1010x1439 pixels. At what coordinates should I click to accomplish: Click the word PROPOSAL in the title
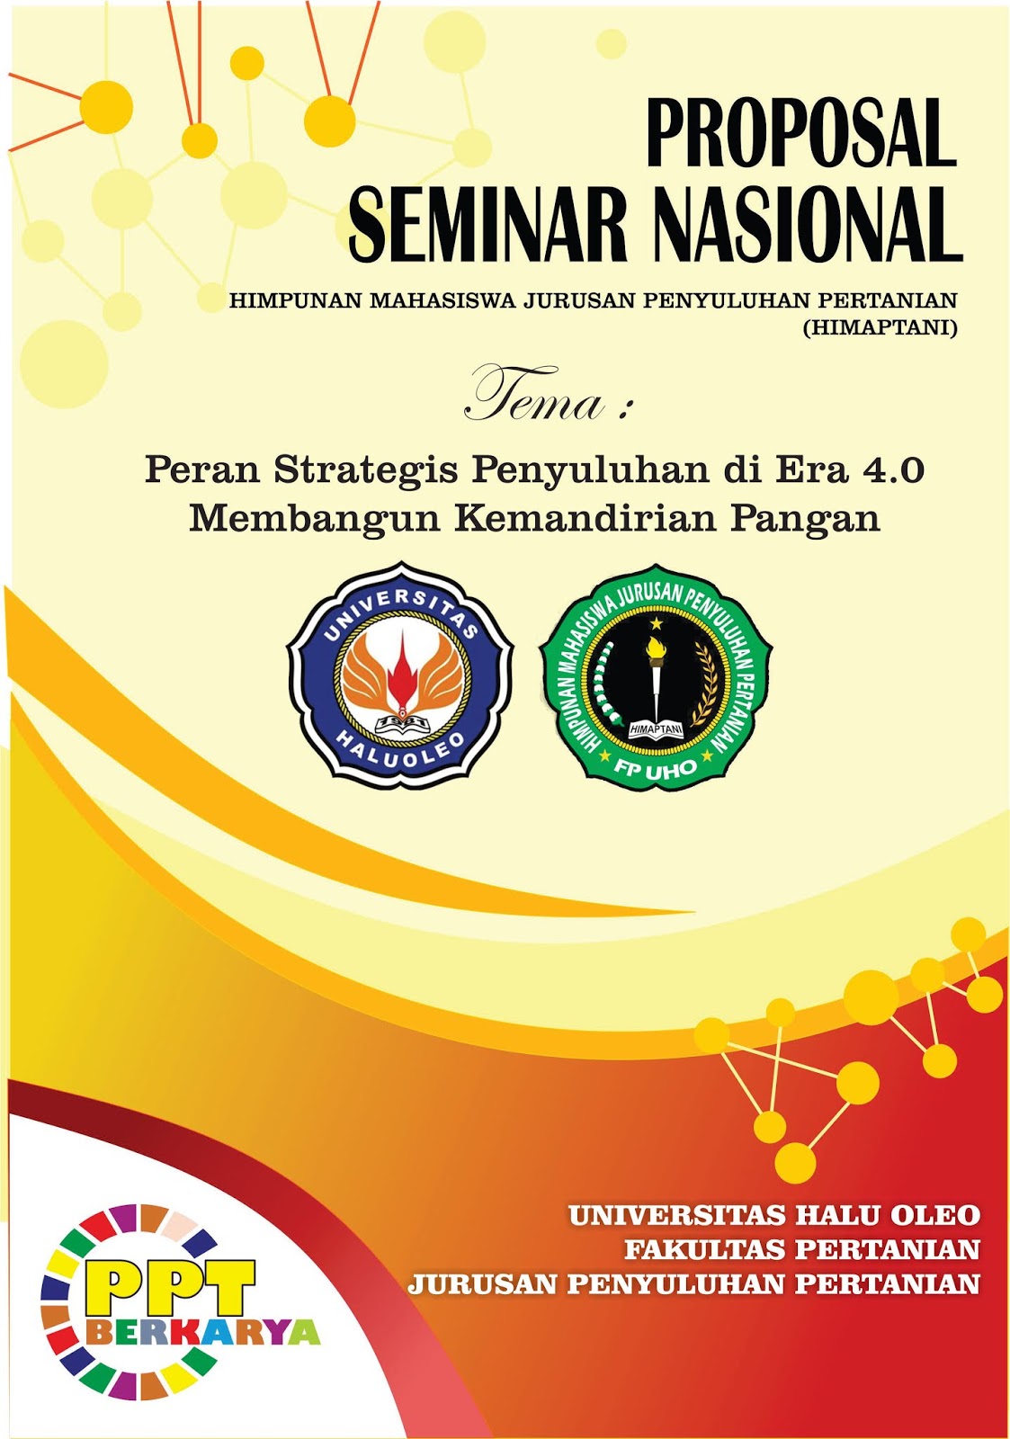[800, 133]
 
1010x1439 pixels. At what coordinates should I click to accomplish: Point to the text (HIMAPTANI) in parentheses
[880, 328]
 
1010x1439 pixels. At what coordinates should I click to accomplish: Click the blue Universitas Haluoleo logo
[400, 674]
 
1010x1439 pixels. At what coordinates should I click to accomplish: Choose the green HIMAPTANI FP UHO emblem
[656, 676]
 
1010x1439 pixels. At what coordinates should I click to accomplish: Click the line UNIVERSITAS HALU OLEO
[773, 1216]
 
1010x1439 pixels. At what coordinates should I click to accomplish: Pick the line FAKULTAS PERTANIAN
[801, 1249]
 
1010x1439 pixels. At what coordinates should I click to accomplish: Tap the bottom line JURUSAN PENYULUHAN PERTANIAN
[693, 1283]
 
